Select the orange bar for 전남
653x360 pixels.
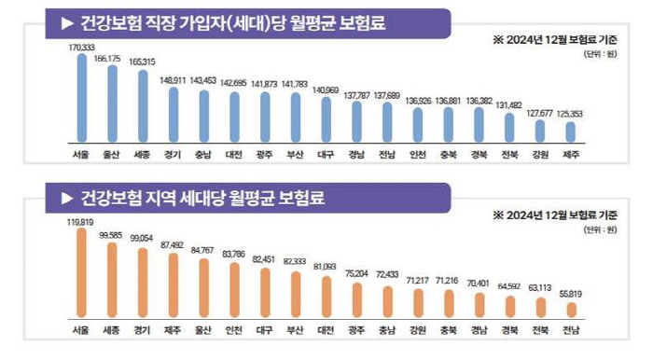coord(571,310)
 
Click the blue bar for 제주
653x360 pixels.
coord(571,132)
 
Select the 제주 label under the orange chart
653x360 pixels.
coord(173,330)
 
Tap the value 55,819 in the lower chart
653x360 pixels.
coord(571,294)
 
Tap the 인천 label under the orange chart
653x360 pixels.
coord(234,330)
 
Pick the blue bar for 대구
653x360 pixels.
coord(326,118)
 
